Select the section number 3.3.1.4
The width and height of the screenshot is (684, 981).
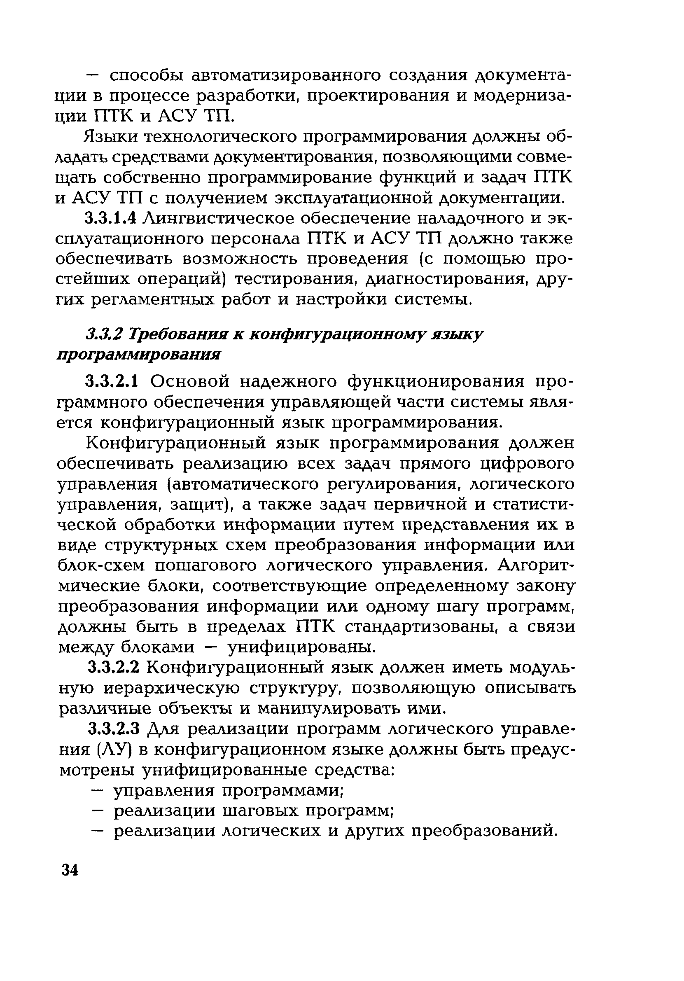coord(111,218)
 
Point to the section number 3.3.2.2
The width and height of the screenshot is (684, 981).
coord(113,668)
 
